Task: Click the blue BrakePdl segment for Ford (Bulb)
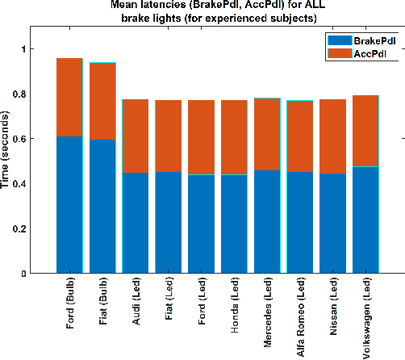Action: [x=69, y=205]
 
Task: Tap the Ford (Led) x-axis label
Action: [x=202, y=304]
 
